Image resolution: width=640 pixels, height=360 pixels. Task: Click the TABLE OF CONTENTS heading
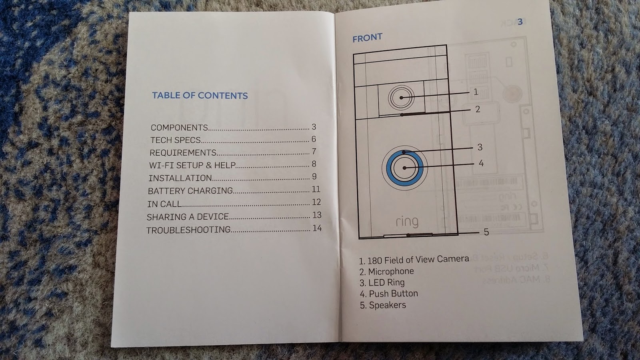(200, 96)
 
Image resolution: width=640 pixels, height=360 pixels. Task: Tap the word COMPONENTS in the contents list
(179, 128)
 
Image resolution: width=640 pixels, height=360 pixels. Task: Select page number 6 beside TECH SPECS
(314, 139)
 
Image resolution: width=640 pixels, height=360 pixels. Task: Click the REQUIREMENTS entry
(183, 153)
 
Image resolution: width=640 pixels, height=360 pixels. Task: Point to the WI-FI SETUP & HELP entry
(192, 165)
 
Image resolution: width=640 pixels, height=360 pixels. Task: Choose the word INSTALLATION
(180, 178)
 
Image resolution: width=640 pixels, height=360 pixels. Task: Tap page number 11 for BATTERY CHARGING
(316, 189)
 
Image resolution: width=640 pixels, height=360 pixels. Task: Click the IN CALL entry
(164, 204)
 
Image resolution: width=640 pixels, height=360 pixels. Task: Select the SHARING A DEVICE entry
(188, 217)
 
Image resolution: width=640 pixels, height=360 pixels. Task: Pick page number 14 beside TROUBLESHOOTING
(317, 228)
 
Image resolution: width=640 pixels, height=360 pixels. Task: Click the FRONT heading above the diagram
(367, 38)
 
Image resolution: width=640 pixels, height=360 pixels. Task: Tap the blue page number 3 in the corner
(520, 22)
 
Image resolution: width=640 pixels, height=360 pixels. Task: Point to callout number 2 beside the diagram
(478, 109)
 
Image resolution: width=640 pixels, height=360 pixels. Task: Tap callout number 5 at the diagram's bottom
(486, 232)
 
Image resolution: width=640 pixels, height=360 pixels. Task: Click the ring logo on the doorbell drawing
(407, 221)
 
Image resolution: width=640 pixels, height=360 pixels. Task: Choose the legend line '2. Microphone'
(386, 272)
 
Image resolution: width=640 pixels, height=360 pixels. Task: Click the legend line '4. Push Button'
(388, 294)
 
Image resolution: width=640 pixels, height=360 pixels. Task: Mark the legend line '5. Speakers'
(382, 305)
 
